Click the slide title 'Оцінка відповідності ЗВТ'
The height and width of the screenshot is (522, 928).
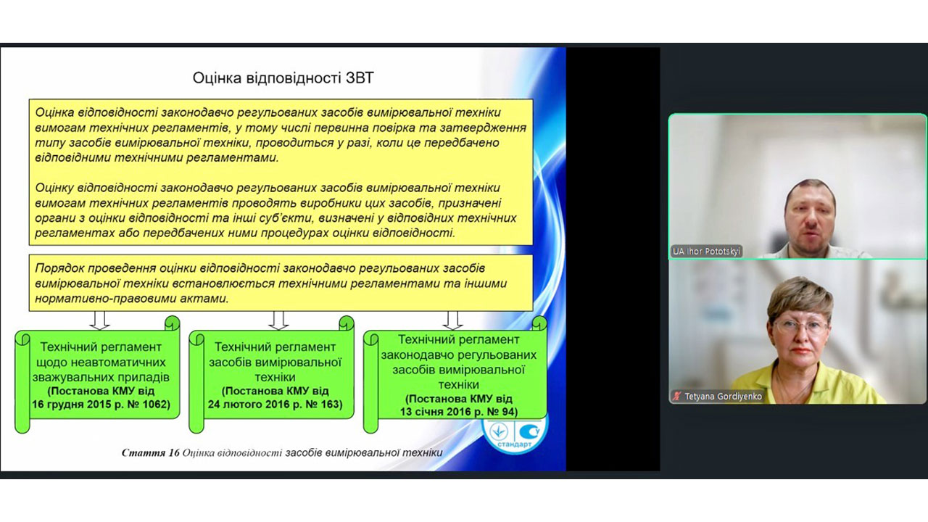pos(283,78)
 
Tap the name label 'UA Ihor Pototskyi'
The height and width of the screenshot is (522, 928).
pos(706,251)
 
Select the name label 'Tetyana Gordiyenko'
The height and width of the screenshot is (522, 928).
pos(723,396)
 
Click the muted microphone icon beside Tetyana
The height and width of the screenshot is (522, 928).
pos(677,396)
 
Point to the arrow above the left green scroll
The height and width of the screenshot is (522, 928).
pos(99,320)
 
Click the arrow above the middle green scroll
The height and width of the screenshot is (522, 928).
pos(278,320)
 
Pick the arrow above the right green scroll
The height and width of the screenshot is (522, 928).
pos(452,320)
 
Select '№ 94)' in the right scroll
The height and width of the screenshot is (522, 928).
pos(497,412)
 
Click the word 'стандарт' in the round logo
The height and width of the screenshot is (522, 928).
pos(514,444)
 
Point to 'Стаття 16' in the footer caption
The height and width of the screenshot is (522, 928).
pos(150,453)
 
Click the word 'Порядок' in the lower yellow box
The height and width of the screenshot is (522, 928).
pos(59,268)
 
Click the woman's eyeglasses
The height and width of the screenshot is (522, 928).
pos(800,327)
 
